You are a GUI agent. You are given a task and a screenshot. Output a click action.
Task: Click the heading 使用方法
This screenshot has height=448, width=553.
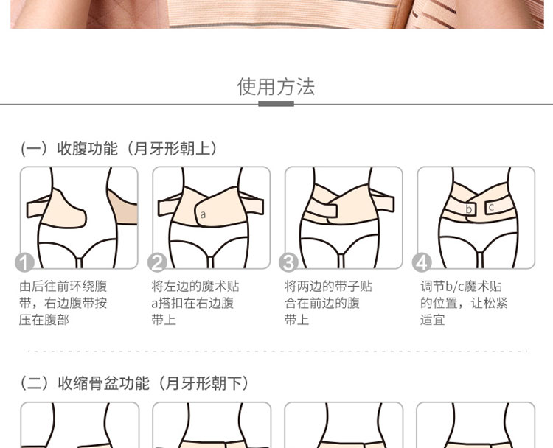click(276, 87)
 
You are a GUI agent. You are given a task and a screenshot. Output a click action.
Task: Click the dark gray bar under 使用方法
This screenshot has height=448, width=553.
click(276, 104)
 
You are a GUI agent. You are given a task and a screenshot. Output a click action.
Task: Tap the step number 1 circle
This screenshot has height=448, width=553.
click(24, 262)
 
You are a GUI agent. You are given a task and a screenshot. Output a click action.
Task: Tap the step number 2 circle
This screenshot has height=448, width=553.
click(157, 262)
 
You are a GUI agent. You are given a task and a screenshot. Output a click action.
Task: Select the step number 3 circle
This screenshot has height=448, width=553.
click(288, 262)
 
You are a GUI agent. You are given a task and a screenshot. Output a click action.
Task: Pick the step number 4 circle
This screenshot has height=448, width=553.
click(422, 262)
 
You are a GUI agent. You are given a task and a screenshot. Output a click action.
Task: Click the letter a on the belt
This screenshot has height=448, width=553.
click(203, 214)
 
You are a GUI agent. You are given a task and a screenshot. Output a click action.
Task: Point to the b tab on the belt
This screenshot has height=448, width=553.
click(469, 209)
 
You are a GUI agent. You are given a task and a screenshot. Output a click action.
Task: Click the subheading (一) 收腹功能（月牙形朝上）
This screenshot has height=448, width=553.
click(119, 148)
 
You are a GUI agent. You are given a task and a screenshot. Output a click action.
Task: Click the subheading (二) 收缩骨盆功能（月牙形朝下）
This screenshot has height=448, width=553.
click(134, 383)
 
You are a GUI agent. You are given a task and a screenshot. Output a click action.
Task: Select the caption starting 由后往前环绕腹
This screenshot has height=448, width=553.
click(63, 303)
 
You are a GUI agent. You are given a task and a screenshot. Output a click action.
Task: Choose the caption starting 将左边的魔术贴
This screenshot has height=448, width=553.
click(195, 303)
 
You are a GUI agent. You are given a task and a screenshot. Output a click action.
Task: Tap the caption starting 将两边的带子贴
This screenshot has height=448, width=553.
click(328, 303)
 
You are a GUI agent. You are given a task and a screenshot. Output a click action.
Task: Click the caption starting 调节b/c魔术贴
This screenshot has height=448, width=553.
click(464, 303)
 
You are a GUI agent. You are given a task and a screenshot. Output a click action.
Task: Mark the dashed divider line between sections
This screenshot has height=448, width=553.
click(276, 351)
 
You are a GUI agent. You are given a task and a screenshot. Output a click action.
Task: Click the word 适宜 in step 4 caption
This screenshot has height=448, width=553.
click(432, 320)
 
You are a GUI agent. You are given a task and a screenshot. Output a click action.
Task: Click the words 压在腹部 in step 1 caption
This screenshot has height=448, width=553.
click(44, 320)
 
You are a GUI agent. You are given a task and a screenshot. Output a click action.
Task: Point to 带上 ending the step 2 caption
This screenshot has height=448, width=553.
click(164, 320)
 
